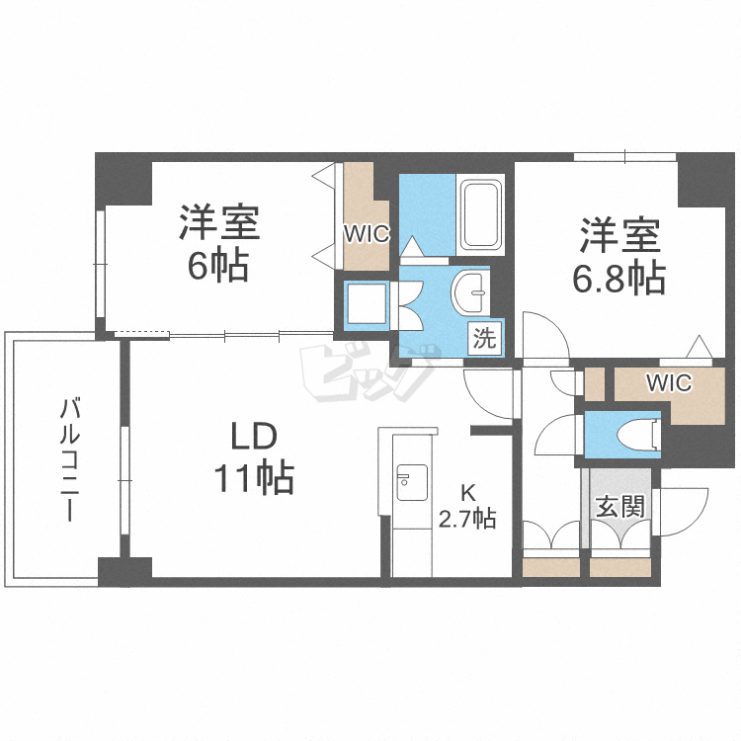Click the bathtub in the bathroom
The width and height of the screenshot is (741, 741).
click(x=480, y=215)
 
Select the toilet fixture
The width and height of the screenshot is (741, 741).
click(x=639, y=435)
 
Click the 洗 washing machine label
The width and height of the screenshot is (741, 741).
click(x=484, y=338)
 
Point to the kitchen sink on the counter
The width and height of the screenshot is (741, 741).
click(x=412, y=482)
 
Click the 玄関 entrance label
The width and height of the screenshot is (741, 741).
click(x=619, y=507)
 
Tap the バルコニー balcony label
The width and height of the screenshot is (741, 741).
click(x=69, y=459)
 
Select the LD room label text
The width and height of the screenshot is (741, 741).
click(x=253, y=436)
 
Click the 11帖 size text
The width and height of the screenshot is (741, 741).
click(x=254, y=478)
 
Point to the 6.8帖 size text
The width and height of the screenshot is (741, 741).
click(x=619, y=278)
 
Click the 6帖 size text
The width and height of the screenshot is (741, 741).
click(x=218, y=266)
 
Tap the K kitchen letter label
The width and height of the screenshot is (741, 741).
click(x=468, y=493)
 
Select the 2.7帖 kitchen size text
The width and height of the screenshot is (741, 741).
click(x=467, y=519)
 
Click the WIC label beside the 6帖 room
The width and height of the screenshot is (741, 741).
click(x=367, y=233)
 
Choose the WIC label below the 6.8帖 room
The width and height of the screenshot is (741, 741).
click(x=669, y=382)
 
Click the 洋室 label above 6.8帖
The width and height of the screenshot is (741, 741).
click(x=619, y=235)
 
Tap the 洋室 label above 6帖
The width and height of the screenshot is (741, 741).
click(x=218, y=222)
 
